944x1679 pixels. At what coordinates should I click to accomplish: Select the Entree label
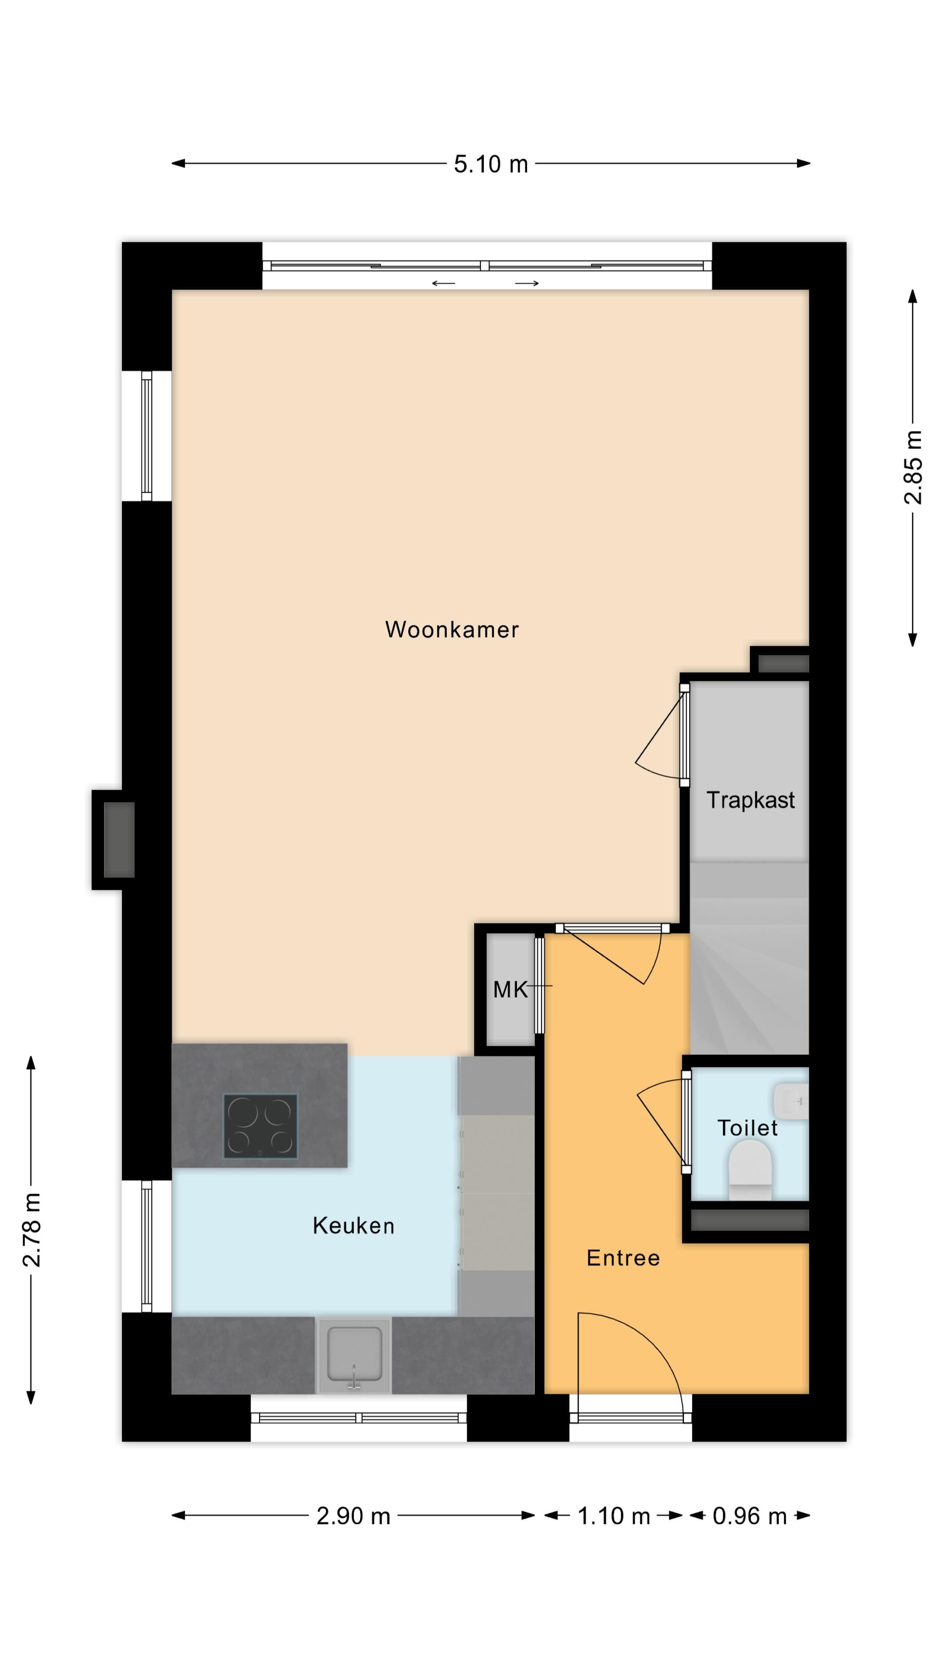(623, 1258)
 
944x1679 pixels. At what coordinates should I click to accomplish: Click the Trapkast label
(750, 800)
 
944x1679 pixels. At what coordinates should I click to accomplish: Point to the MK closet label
(510, 989)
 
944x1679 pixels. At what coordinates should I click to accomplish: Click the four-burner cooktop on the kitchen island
(260, 1125)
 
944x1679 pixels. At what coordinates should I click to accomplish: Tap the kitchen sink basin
(354, 1353)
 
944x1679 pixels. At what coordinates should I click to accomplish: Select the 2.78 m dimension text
(31, 1230)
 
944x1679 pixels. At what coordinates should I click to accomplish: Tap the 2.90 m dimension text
(353, 1516)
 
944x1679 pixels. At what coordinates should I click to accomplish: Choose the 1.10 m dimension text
(614, 1516)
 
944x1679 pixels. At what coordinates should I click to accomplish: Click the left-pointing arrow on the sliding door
(443, 283)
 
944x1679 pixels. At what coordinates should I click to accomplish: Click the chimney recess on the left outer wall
(118, 839)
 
